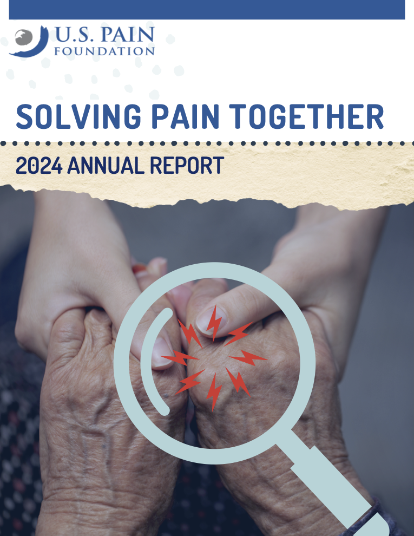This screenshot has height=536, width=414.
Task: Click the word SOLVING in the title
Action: pyautogui.click(x=78, y=116)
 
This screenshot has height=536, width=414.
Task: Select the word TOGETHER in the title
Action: pyautogui.click(x=306, y=116)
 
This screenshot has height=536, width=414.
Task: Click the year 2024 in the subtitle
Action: pyautogui.click(x=40, y=166)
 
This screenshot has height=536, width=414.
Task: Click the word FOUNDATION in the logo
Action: pyautogui.click(x=104, y=51)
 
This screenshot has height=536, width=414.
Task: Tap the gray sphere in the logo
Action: pyautogui.click(x=24, y=37)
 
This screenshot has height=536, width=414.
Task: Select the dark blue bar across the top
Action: pyautogui.click(x=207, y=10)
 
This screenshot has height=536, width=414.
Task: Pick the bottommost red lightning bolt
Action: pyautogui.click(x=214, y=392)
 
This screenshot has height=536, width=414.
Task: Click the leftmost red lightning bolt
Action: pyautogui.click(x=179, y=358)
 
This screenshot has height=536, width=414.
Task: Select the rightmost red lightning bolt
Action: pyautogui.click(x=248, y=358)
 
